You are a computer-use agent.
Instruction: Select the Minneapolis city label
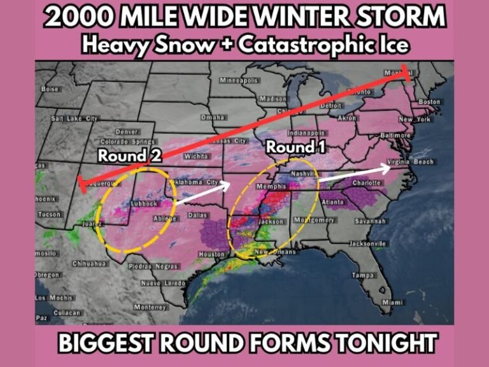point(239,81)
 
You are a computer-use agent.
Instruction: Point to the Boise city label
point(50,89)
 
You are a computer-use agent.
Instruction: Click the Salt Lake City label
point(74,119)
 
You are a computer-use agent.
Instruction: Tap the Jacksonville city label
point(367,243)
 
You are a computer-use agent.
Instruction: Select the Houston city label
point(212,254)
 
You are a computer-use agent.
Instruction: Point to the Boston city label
point(429,102)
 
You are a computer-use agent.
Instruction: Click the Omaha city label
point(213,117)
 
